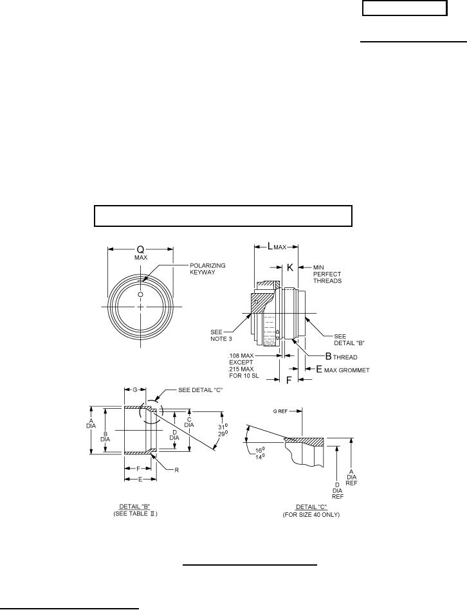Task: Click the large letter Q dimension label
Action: tap(140, 250)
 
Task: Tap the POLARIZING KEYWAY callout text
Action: tap(207, 269)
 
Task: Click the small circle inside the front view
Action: tap(140, 294)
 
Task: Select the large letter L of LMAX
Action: tap(270, 246)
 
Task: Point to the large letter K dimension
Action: tap(290, 267)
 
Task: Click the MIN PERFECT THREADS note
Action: tap(327, 274)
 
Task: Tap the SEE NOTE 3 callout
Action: tap(221, 336)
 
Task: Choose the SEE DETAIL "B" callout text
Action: tap(349, 339)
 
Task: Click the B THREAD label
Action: tap(341, 356)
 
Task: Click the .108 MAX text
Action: tap(241, 355)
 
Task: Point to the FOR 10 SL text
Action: tap(244, 376)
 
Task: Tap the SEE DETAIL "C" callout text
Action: tap(200, 390)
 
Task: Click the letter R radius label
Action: tap(177, 470)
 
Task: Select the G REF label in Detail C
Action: tap(280, 411)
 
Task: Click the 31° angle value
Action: tap(223, 427)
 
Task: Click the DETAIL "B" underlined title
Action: tap(134, 507)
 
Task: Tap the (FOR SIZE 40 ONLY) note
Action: tap(311, 515)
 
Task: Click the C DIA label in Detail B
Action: tap(189, 422)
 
